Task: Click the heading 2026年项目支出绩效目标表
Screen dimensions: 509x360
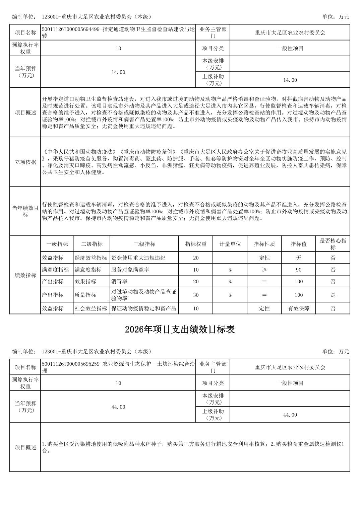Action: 180,330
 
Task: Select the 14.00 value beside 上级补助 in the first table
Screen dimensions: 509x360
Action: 290,80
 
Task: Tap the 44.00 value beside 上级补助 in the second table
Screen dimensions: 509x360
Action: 290,415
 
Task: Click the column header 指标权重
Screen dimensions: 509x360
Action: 196,244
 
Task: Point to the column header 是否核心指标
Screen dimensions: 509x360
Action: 333,244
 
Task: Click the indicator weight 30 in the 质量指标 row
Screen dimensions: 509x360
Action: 196,295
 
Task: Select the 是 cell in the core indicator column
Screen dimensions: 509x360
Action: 333,295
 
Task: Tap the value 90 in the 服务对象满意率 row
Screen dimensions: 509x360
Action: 298,270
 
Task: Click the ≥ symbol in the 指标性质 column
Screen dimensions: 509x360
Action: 264,270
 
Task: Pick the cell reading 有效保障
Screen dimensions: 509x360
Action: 298,308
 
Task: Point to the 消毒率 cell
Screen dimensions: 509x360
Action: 119,282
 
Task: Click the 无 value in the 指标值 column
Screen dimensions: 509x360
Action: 298,258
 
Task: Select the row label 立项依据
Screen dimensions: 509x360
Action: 25,162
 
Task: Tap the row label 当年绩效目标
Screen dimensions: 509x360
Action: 25,211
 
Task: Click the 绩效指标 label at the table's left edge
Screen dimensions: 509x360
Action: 25,275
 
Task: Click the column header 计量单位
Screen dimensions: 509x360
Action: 230,244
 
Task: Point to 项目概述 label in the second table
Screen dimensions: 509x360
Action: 25,447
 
